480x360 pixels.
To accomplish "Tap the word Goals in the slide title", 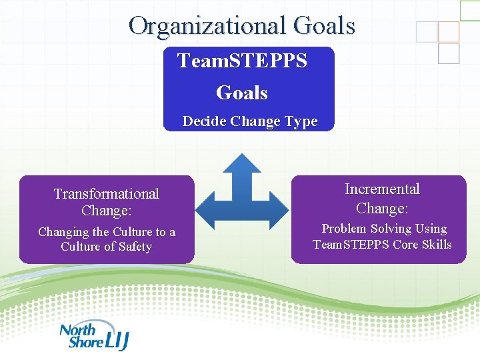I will [324, 26].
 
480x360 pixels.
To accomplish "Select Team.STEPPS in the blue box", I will [242, 61].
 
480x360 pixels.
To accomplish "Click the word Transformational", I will [107, 194].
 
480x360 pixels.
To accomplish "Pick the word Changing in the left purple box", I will [63, 232].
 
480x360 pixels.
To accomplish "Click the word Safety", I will [135, 247].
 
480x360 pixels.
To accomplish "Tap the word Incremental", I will [382, 189].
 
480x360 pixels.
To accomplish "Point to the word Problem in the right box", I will [345, 229].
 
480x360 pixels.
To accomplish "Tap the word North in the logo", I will [78, 329].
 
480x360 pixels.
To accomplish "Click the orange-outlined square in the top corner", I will [449, 31].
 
